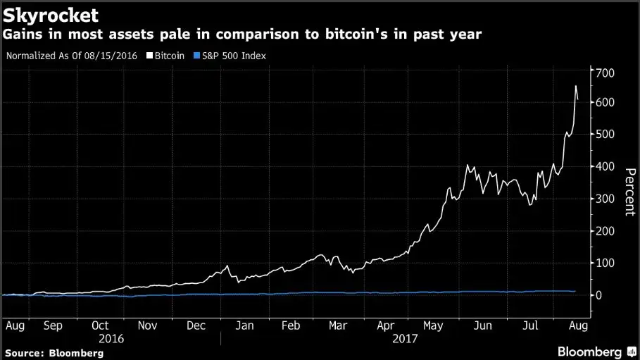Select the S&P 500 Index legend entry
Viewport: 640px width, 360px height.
coord(231,55)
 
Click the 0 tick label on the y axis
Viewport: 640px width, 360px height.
coord(599,295)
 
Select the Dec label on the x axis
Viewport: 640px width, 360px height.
coord(196,325)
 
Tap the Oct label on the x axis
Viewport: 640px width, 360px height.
coord(100,325)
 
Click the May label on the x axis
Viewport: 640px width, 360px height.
coord(434,325)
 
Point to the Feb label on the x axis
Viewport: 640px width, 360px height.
coord(290,325)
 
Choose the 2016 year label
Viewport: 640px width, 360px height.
coord(112,338)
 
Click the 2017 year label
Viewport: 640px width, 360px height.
coord(403,338)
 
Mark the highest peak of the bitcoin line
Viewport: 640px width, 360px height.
coord(575,86)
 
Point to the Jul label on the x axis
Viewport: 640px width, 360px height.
coord(531,325)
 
